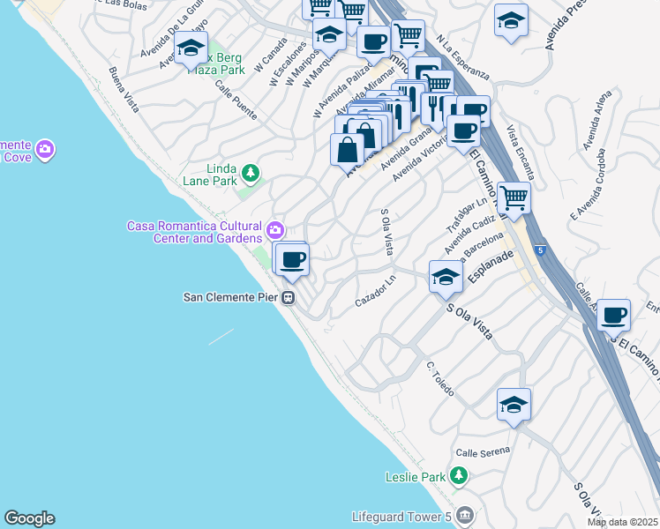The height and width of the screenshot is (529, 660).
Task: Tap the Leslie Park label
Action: pyautogui.click(x=416, y=477)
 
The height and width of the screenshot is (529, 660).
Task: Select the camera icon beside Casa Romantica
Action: pyautogui.click(x=276, y=231)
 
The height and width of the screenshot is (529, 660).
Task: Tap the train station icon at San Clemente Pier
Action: pyautogui.click(x=289, y=298)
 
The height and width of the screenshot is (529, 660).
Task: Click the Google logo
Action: pyautogui.click(x=29, y=518)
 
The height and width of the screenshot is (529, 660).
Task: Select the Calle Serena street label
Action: pyautogui.click(x=484, y=452)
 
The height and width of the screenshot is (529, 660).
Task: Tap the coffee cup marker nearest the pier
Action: pyautogui.click(x=291, y=259)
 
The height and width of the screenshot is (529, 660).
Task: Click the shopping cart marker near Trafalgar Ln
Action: pyautogui.click(x=514, y=197)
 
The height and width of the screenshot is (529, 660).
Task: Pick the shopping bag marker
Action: pyautogui.click(x=347, y=148)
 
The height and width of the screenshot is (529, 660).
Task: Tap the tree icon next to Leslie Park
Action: pyautogui.click(x=457, y=477)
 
